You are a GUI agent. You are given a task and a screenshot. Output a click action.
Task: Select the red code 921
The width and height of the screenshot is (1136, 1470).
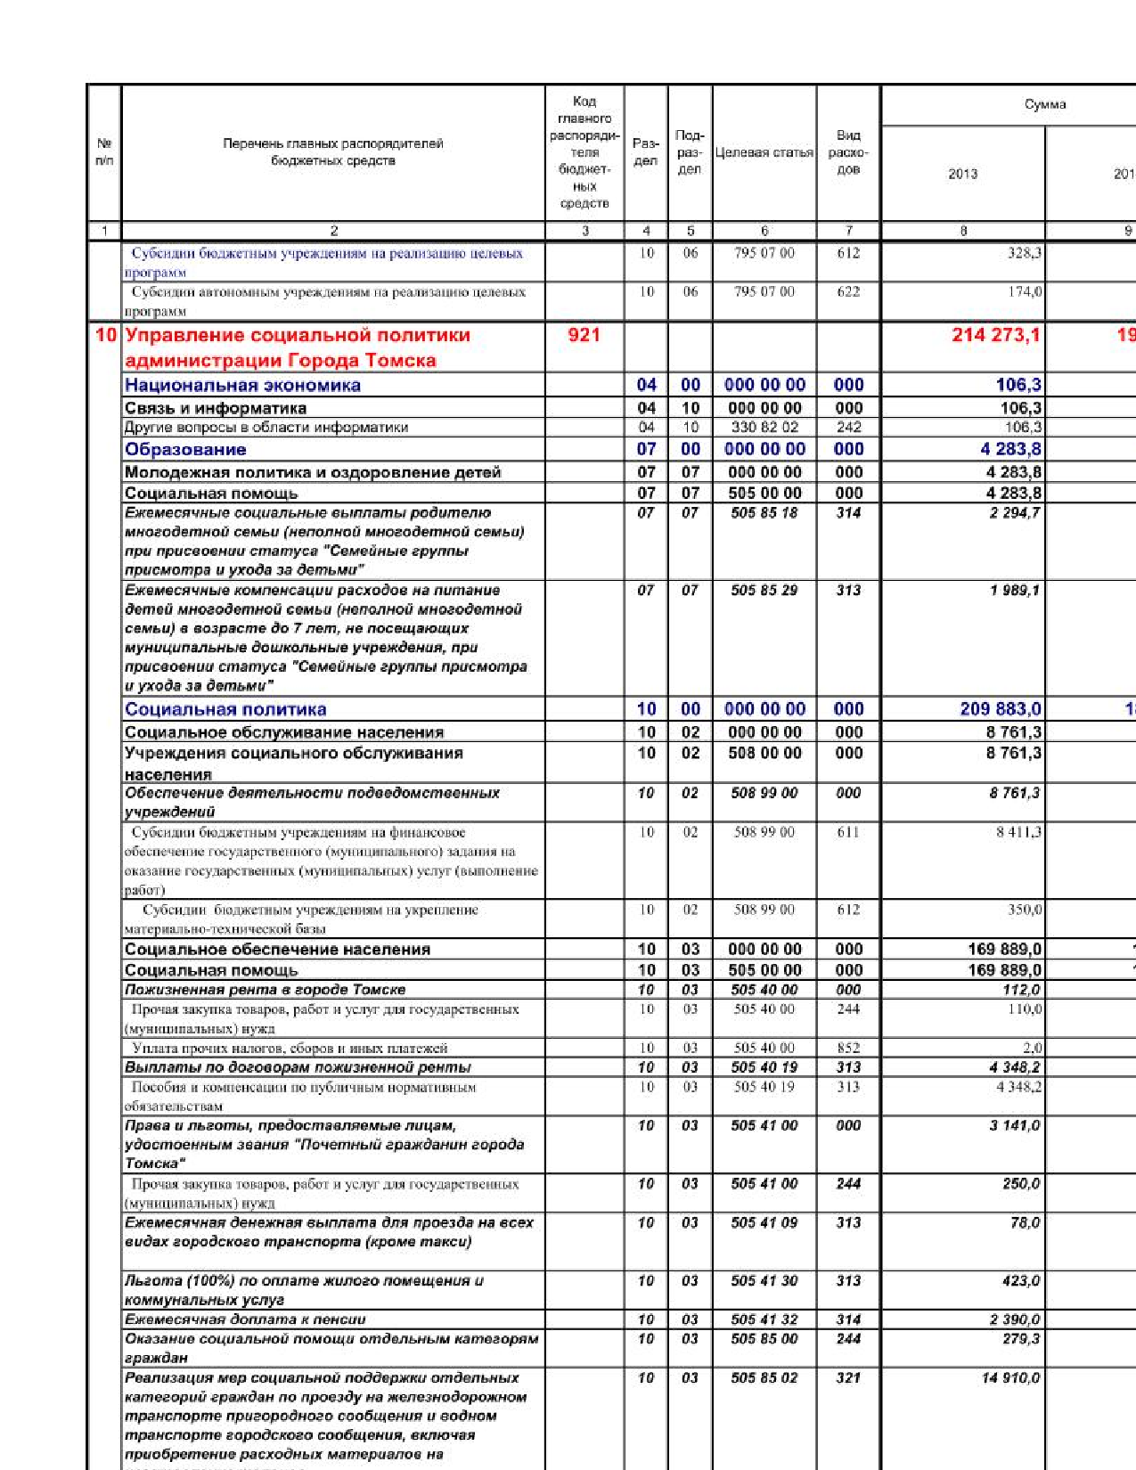pyautogui.click(x=584, y=336)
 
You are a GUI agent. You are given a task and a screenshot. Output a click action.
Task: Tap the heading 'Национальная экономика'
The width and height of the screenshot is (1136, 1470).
pyautogui.click(x=242, y=385)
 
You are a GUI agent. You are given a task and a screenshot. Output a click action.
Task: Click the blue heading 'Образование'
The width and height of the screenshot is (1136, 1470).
pyautogui.click(x=185, y=449)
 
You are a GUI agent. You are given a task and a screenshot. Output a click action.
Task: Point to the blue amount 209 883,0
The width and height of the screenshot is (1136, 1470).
pyautogui.click(x=1001, y=709)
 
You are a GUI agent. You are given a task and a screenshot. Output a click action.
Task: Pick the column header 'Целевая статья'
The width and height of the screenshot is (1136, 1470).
pyautogui.click(x=764, y=152)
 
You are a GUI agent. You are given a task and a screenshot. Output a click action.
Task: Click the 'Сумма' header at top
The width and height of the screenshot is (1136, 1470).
pyautogui.click(x=1044, y=104)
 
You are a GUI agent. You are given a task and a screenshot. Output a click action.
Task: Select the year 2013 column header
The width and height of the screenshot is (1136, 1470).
pyautogui.click(x=962, y=174)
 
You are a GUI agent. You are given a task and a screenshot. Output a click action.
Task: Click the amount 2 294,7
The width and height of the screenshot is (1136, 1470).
pyautogui.click(x=1015, y=513)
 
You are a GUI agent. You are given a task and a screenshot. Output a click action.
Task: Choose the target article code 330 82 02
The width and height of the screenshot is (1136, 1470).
pyautogui.click(x=764, y=427)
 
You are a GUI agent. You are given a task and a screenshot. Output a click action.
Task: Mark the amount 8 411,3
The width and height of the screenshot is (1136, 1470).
pyautogui.click(x=1018, y=832)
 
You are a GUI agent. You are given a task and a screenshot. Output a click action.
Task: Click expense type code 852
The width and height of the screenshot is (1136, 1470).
pyautogui.click(x=848, y=1048)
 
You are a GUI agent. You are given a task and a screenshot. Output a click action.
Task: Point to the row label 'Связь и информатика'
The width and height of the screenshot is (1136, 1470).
pyautogui.click(x=216, y=408)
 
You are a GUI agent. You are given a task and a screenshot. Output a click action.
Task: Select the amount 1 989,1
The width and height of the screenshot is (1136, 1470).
pyautogui.click(x=1015, y=591)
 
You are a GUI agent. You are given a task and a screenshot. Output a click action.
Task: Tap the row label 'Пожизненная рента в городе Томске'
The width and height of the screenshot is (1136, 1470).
pyautogui.click(x=265, y=990)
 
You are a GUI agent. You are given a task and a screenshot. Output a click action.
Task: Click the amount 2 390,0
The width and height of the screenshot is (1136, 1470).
pyautogui.click(x=1015, y=1319)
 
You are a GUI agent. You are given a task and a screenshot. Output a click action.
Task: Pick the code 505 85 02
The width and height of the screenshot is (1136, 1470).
pyautogui.click(x=764, y=1378)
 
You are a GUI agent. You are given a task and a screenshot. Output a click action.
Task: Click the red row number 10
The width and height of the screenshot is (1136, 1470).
pyautogui.click(x=105, y=336)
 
